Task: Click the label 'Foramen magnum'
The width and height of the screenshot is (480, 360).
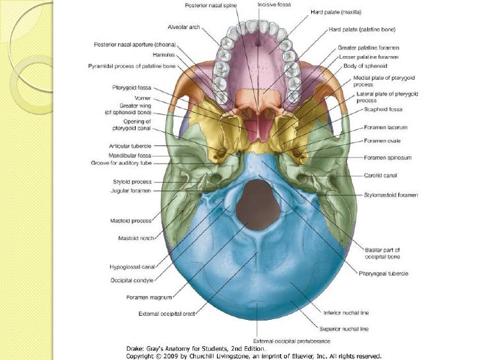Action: [149, 297]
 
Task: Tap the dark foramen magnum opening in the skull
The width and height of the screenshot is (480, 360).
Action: [258, 204]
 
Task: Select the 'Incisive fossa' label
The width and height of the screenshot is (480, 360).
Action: [274, 5]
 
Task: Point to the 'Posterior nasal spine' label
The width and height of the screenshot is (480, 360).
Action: [210, 5]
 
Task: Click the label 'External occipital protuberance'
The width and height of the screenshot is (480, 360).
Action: [291, 341]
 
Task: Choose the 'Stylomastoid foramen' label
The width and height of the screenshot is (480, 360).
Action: [391, 195]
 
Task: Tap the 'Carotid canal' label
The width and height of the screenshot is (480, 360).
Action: [380, 175]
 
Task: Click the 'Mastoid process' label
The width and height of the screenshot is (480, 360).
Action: [131, 221]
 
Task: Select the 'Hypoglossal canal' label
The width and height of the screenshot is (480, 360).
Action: [133, 267]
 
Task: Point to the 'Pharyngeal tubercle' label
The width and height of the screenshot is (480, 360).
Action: [384, 274]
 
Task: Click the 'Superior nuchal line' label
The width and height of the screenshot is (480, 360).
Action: [344, 329]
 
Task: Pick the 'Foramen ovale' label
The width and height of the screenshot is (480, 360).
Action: [382, 141]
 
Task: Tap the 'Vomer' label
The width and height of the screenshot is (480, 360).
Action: [142, 98]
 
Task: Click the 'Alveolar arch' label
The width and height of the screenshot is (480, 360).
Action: [184, 27]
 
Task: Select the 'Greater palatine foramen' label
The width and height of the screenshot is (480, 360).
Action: [369, 47]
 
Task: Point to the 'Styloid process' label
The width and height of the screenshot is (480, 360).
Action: [133, 182]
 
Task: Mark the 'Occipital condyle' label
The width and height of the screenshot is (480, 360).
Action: [132, 280]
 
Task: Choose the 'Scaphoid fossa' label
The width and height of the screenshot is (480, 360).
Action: [383, 109]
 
